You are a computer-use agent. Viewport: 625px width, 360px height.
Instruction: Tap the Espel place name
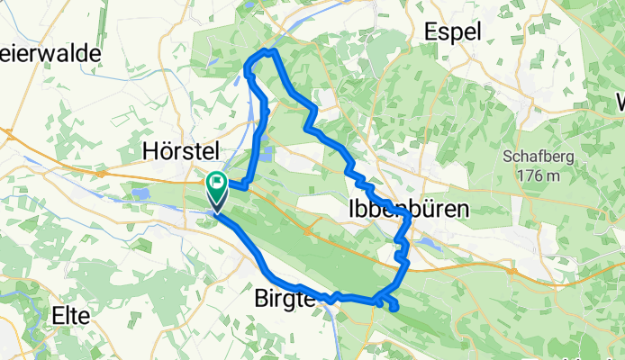tap(459, 32)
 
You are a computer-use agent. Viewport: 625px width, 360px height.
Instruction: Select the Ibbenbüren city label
tap(408, 209)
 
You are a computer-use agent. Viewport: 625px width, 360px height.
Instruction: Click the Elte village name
tap(70, 316)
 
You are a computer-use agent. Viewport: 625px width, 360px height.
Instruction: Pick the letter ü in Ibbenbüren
tap(439, 209)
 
